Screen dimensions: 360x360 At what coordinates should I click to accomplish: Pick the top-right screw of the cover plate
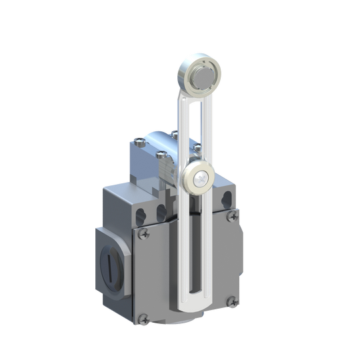coord(232,215)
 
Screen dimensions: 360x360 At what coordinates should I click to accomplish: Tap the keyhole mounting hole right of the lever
coord(226,197)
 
